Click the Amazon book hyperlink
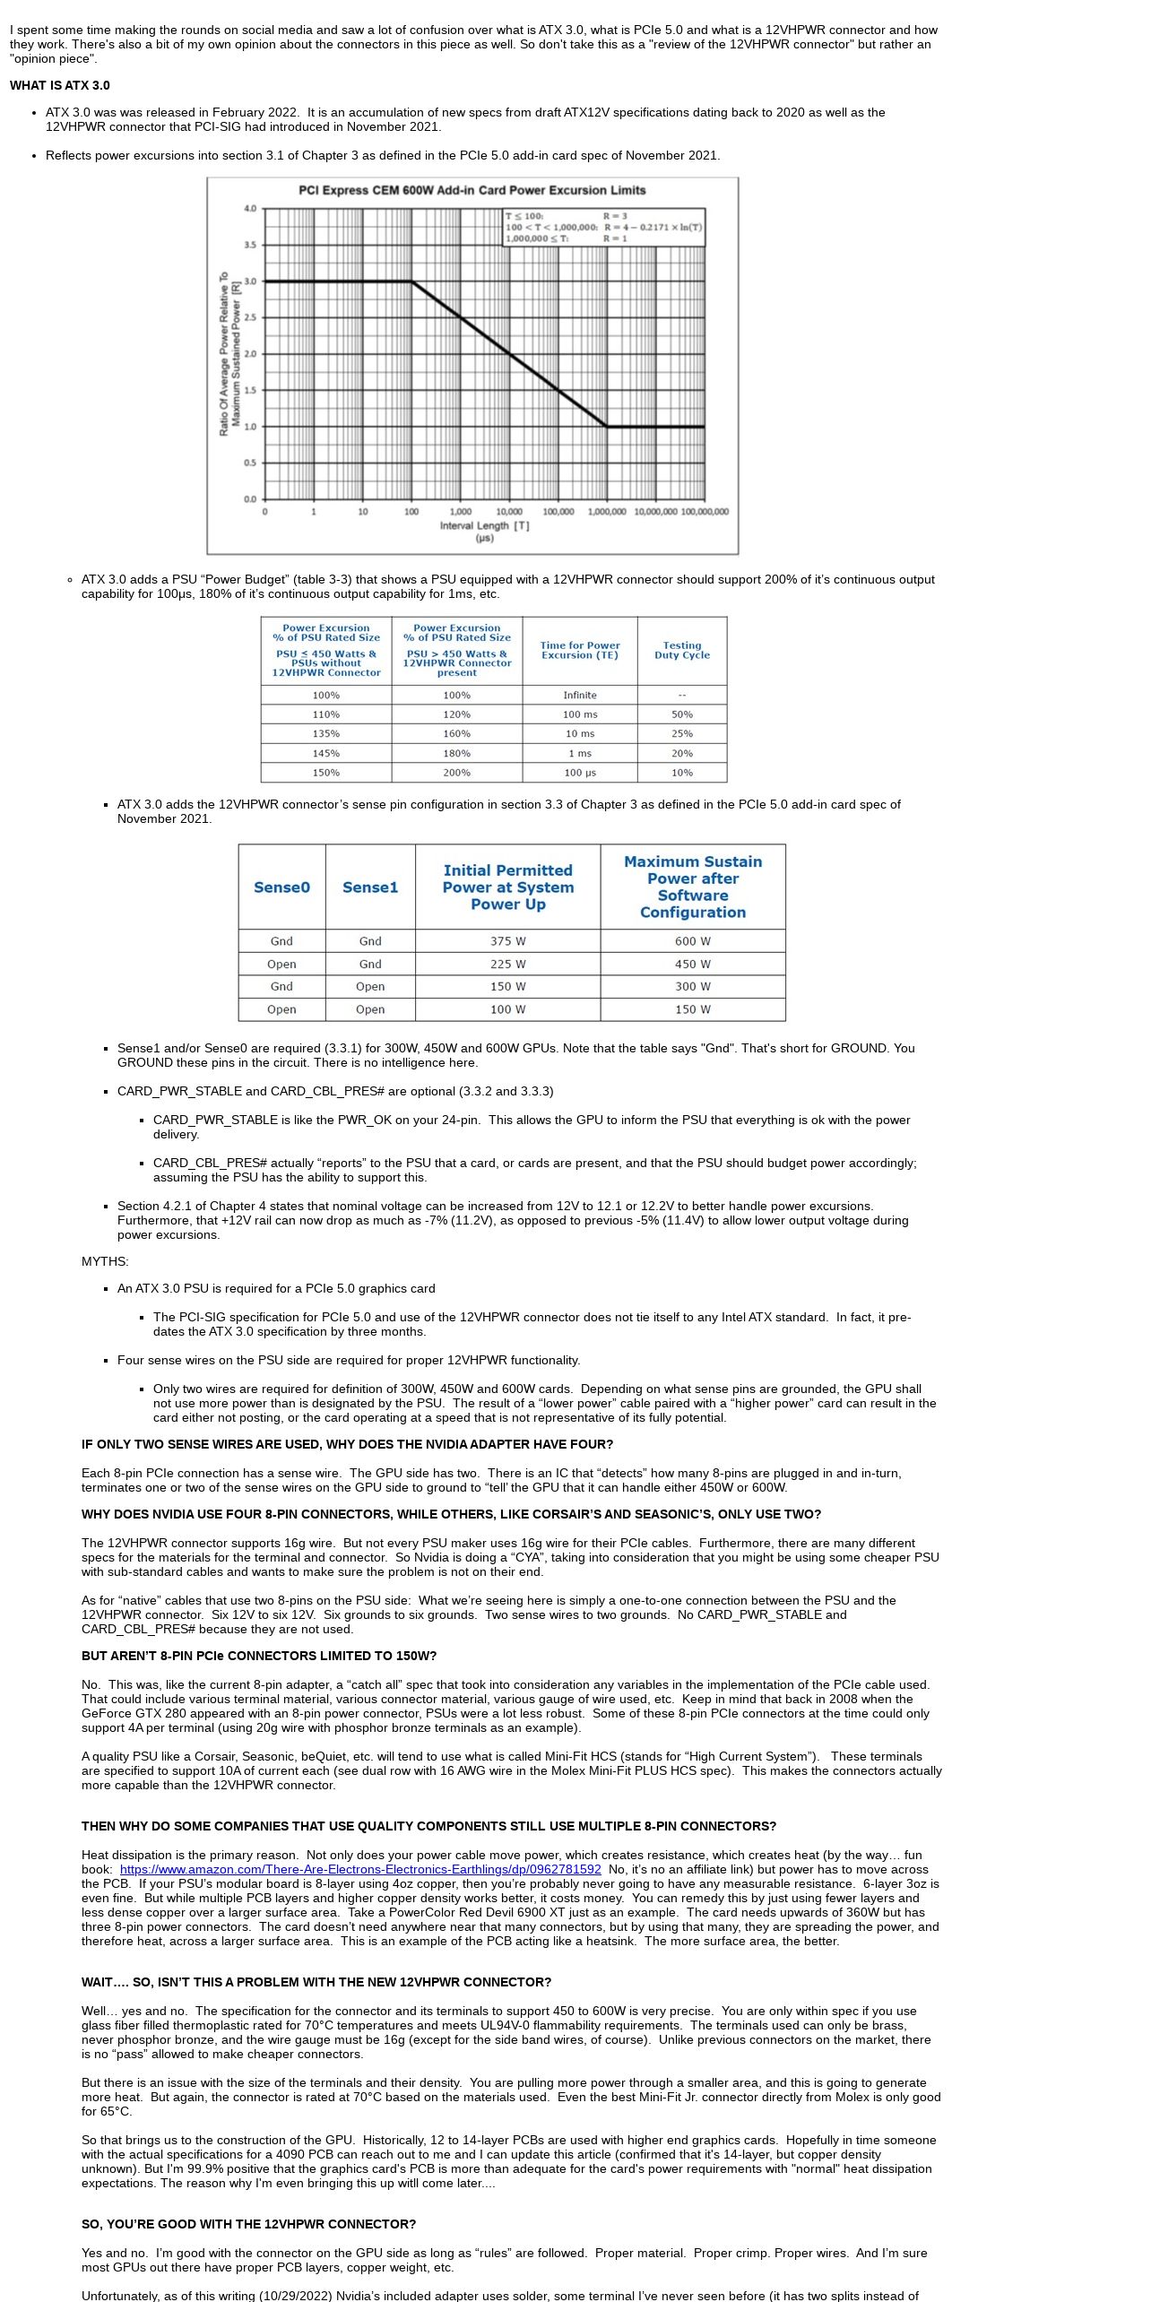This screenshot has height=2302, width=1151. [x=360, y=1869]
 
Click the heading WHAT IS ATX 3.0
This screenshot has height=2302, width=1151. [x=60, y=85]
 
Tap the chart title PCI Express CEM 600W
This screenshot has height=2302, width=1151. [x=472, y=190]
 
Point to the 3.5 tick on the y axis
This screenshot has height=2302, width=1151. [x=250, y=245]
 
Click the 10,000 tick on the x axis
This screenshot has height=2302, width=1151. [x=509, y=512]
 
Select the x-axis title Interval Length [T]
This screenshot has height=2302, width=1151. [x=484, y=525]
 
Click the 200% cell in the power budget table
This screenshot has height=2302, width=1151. [x=456, y=772]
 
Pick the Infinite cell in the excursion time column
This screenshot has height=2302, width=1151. [x=579, y=695]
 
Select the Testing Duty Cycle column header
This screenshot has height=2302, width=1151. [x=681, y=650]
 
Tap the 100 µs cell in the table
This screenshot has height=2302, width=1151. [x=579, y=772]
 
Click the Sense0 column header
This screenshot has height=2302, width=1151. [x=281, y=887]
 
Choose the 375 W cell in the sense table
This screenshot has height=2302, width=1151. [x=507, y=941]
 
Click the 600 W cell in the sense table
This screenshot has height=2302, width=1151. [x=692, y=941]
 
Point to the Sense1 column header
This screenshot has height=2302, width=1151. [x=370, y=887]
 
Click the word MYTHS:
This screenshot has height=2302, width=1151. [x=105, y=1261]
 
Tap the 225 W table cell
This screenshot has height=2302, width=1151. [x=507, y=964]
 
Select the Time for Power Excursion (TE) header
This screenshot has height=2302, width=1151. [x=579, y=650]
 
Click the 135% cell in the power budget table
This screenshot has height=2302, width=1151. [x=325, y=733]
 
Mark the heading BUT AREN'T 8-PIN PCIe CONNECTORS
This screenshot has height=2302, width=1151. [x=259, y=1656]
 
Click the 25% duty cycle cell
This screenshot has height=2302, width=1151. [x=681, y=733]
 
